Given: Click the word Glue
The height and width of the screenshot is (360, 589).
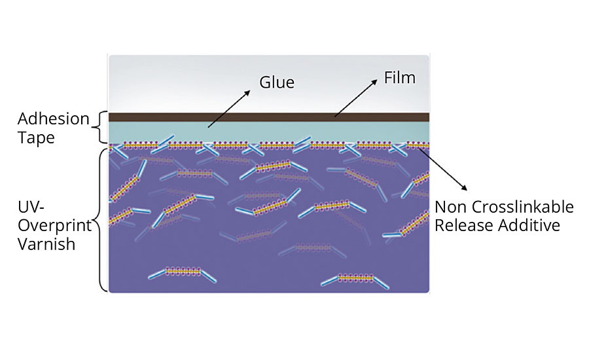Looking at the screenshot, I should (x=277, y=82).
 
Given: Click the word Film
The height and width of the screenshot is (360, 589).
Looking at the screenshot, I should (x=401, y=78).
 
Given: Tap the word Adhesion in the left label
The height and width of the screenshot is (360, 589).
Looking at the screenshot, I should (x=54, y=119).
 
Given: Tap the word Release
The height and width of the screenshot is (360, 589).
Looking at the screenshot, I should (x=462, y=226).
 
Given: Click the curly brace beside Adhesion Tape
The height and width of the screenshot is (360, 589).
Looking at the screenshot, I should (x=100, y=128).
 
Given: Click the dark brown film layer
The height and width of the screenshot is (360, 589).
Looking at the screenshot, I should (x=268, y=117).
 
